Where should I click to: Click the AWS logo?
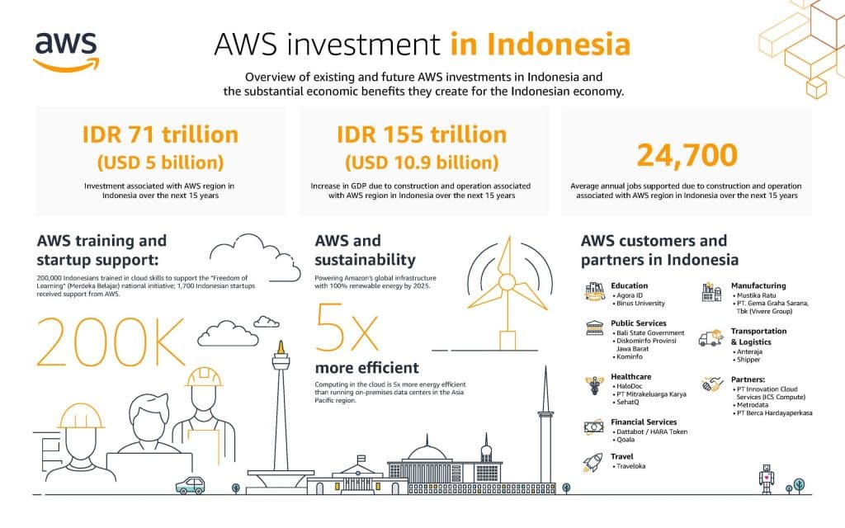66,52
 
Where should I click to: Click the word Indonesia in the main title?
559,45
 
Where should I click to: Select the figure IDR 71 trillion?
160,134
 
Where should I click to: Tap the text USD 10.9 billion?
422,163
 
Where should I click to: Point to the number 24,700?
687,155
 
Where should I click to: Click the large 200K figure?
111,342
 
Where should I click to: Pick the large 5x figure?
347,327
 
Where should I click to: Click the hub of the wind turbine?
507,282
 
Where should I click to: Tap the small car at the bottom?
191,485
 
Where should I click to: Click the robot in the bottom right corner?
767,478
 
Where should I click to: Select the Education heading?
629,285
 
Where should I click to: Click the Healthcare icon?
594,385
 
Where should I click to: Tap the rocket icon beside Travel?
592,462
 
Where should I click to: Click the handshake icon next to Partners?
712,384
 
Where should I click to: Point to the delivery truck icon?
711,337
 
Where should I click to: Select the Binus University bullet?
639,304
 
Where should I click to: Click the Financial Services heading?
644,422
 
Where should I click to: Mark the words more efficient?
366,368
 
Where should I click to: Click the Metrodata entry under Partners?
751,404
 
